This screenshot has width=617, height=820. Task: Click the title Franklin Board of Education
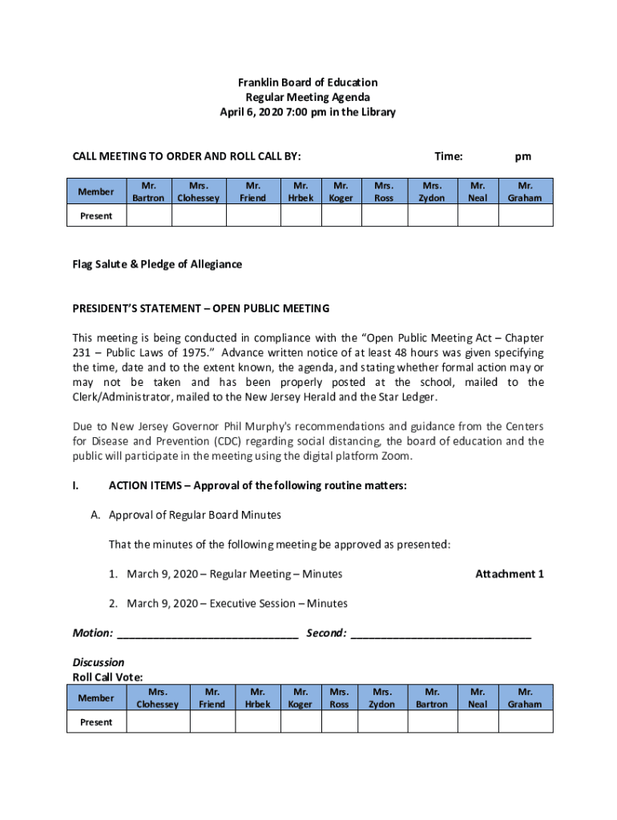pos(308,82)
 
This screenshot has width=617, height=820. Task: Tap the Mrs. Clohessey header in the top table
pos(198,191)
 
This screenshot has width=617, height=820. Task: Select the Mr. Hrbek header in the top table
pos(301,191)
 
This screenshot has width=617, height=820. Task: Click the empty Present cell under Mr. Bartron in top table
pos(148,215)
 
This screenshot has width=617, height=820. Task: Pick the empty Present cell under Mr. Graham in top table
pos(526,215)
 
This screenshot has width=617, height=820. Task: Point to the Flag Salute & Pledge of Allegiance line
pos(157,264)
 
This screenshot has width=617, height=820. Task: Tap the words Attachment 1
pos(510,574)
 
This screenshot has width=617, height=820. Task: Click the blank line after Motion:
pos(208,633)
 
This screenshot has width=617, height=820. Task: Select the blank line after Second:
pos(441,633)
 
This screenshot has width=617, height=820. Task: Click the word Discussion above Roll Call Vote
pos(99,662)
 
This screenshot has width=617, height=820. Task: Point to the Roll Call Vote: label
pos(108,677)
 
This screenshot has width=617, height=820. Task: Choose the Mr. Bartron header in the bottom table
pos(433,697)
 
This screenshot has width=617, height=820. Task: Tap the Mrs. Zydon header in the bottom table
pos(381,697)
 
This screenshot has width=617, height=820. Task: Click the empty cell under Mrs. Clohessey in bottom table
pos(158,722)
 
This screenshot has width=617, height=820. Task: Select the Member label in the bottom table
pos(96,698)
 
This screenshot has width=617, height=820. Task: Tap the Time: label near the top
pos(449,157)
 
